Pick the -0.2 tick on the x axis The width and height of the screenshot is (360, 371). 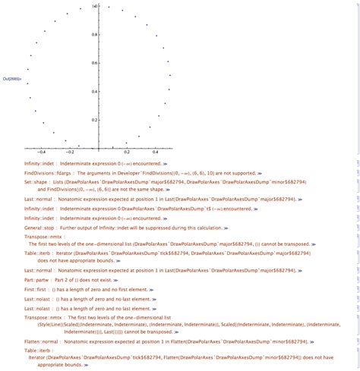click(74, 152)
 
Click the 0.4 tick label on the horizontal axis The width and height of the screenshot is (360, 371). click(154, 152)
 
